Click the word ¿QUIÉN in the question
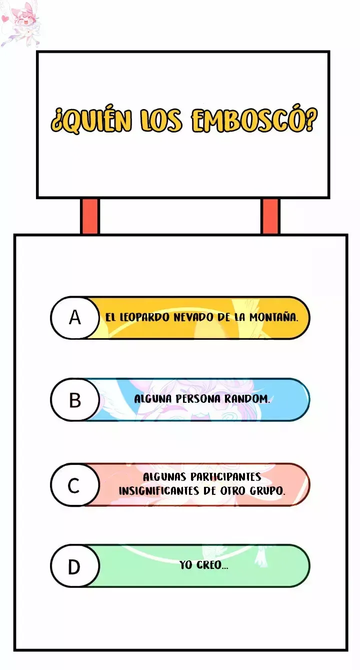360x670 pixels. [91, 121]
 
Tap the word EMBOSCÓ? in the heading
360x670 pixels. [253, 121]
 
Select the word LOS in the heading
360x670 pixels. [161, 121]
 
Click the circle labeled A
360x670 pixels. [75, 317]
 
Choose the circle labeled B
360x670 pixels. [75, 399]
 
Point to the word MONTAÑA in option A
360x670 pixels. [273, 317]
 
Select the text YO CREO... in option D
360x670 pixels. [203, 565]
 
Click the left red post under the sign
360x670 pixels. [89, 216]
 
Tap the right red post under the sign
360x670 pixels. [270, 216]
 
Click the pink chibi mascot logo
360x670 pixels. [19, 24]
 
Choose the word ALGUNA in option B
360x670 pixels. [153, 399]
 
